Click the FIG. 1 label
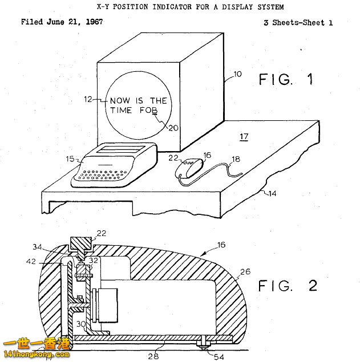[x=286, y=79]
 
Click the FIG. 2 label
[x=288, y=286]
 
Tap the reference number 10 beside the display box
[x=237, y=74]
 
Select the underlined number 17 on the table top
[x=244, y=137]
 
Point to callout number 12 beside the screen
[x=88, y=99]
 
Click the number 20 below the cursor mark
[x=173, y=128]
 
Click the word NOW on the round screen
[x=120, y=101]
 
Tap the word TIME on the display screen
[x=121, y=110]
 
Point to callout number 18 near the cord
[x=236, y=159]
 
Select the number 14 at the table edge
[x=272, y=193]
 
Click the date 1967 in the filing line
[x=94, y=22]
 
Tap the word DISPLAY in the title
[x=237, y=7]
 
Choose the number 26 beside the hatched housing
[x=245, y=271]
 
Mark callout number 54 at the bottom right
[x=219, y=357]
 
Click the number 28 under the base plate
[x=153, y=356]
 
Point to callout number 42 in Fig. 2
[x=31, y=262]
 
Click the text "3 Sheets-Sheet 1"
[x=298, y=23]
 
